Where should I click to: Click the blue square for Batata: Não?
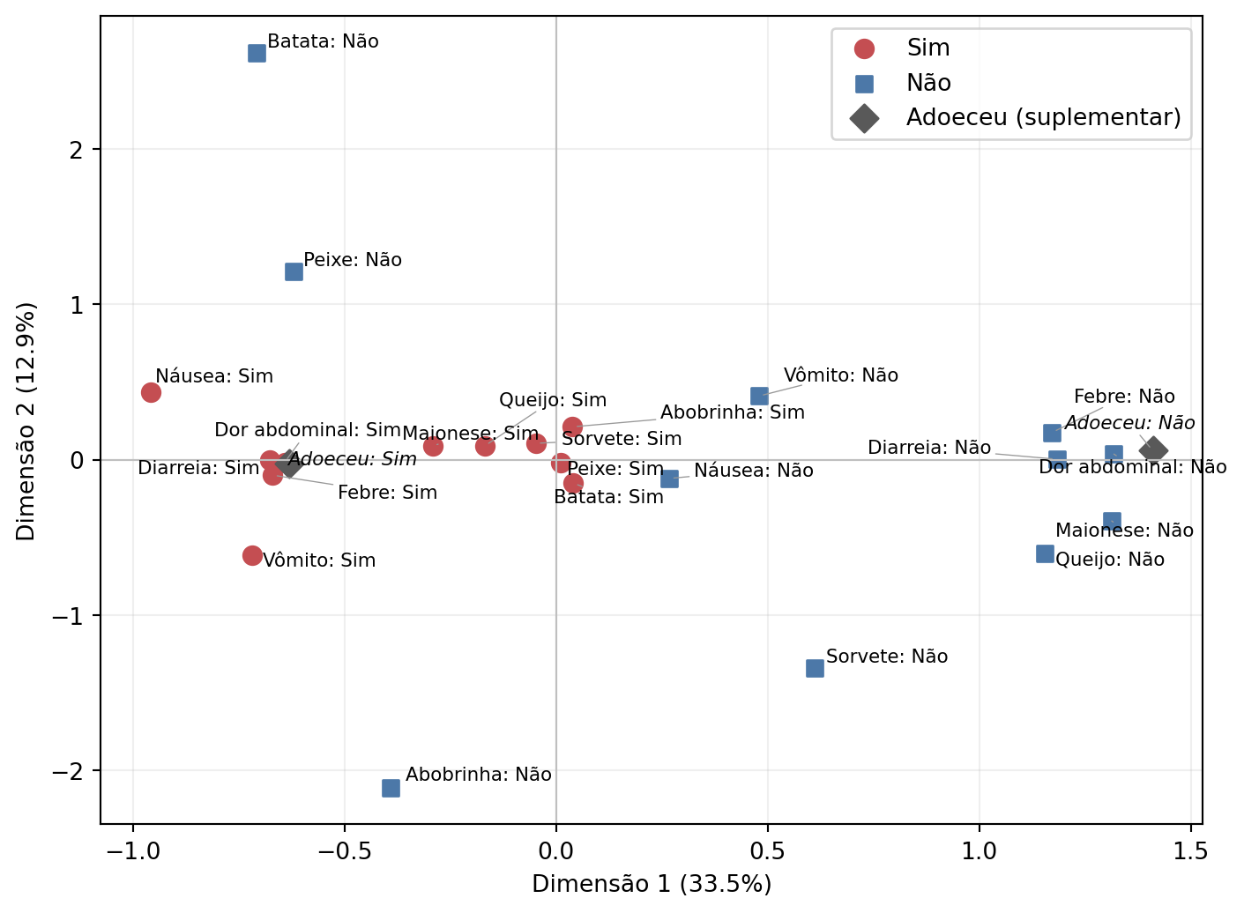point(257,54)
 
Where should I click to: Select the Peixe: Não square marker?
point(294,272)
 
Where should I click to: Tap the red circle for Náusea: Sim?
point(151,393)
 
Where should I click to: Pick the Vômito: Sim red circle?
point(253,555)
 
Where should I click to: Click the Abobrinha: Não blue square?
point(391,788)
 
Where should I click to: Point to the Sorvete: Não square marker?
point(815,668)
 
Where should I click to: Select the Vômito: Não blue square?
point(759,397)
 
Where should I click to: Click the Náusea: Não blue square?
point(670,479)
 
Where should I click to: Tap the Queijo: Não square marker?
point(1045,554)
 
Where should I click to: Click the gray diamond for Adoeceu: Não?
point(1153,450)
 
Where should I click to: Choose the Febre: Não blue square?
point(1052,433)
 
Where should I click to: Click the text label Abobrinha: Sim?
point(733,412)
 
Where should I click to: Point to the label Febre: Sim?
point(388,493)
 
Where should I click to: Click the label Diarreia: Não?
point(929,448)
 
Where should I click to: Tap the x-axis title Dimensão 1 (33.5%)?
point(652,884)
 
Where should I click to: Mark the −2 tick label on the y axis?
point(68,771)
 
